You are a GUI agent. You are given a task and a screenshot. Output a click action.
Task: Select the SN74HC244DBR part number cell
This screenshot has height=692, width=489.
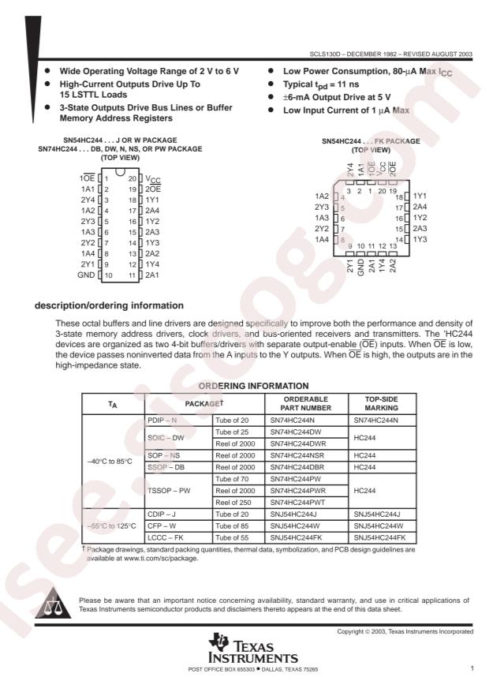coord(297,467)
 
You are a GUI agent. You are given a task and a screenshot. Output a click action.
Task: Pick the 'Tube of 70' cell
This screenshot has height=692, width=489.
coord(232,479)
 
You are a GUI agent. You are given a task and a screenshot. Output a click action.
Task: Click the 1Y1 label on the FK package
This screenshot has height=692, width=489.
coord(420,195)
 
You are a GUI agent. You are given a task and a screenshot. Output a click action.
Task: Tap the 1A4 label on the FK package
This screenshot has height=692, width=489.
coord(322,238)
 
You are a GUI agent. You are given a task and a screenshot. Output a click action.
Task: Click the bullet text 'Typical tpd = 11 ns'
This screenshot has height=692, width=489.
coord(325,83)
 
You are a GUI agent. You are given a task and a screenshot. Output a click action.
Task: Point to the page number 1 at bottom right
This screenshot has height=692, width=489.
coord(471,669)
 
